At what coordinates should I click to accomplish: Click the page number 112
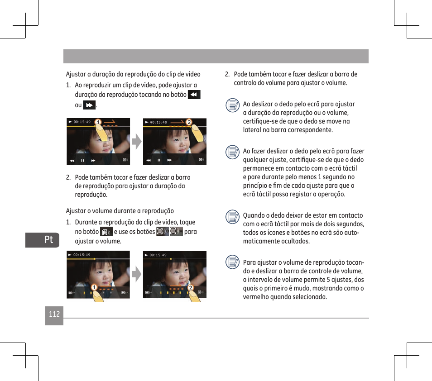54,314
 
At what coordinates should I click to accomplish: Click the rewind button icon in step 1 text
194,95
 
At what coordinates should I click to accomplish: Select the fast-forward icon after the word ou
89,105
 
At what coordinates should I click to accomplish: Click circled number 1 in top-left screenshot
98,122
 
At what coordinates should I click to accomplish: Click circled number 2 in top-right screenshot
189,122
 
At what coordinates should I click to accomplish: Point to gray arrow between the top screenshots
136,142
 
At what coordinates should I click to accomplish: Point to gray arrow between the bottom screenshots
136,274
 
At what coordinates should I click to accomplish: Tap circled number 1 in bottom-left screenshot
94,287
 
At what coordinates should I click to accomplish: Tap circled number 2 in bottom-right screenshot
190,288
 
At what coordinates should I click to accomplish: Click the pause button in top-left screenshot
83,161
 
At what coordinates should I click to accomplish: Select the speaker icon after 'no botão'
106,232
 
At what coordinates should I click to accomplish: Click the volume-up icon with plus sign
163,232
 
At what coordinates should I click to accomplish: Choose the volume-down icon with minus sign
176,232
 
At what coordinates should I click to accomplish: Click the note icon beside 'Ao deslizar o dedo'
233,105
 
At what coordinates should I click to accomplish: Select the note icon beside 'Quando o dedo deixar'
233,217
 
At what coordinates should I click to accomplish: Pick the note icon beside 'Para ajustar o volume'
233,262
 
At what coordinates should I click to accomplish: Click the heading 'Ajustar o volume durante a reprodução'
120,211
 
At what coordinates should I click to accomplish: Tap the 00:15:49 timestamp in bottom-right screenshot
158,255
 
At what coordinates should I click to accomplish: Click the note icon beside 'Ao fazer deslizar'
233,152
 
